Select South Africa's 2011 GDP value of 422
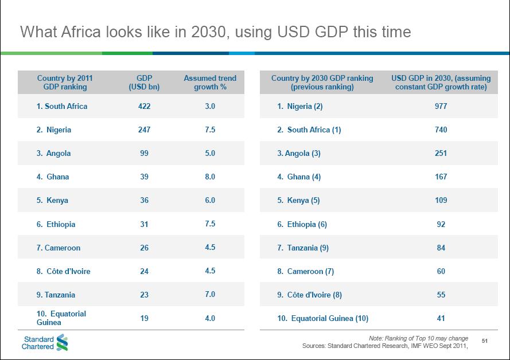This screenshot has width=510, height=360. point(144,106)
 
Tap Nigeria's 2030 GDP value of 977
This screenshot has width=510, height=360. point(441,106)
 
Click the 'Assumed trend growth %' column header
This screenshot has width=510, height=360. point(210,83)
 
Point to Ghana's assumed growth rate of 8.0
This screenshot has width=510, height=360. point(210,177)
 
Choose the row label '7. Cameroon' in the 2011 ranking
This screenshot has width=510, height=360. point(59,248)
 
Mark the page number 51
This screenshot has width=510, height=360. point(484,342)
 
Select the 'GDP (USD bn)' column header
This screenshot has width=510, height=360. point(144,83)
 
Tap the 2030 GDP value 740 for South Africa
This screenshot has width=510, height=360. point(441,130)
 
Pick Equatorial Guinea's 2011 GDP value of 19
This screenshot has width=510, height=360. point(144,318)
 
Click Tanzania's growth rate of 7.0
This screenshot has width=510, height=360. point(210,295)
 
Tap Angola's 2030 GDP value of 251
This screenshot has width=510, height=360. point(441,153)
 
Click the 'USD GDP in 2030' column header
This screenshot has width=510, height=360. point(441,83)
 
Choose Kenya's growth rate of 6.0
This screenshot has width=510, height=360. point(210,201)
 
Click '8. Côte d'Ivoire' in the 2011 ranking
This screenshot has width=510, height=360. point(63,271)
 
